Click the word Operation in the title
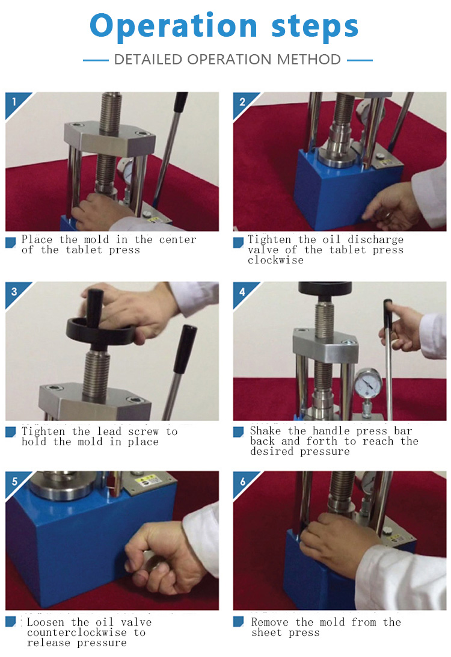pyautogui.click(x=173, y=26)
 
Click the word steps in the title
pyautogui.click(x=315, y=26)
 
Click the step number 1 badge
pyautogui.click(x=14, y=102)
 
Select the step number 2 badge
pyautogui.click(x=242, y=102)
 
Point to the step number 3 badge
pyautogui.click(x=14, y=292)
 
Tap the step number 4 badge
pyautogui.click(x=242, y=292)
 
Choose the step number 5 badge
pyautogui.click(x=14, y=481)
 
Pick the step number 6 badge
pyautogui.click(x=242, y=481)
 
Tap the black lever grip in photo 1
pyautogui.click(x=180, y=102)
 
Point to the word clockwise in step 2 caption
pyautogui.click(x=275, y=260)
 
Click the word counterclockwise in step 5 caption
pyautogui.click(x=76, y=633)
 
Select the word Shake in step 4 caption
pyautogui.click(x=266, y=431)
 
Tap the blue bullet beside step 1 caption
pyautogui.click(x=10, y=242)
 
